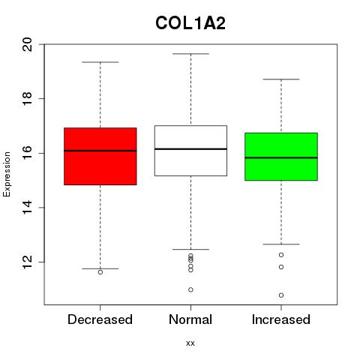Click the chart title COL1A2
click(190, 23)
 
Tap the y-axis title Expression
click(7, 174)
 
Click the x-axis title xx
click(190, 343)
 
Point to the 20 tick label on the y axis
click(27, 44)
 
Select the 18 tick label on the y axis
click(27, 99)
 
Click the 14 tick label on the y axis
click(27, 208)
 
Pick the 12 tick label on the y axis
click(27, 262)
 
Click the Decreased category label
click(100, 319)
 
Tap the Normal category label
click(190, 319)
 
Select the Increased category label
click(281, 319)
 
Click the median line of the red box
click(100, 151)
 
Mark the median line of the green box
click(281, 157)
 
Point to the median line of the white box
click(190, 148)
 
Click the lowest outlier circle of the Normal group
click(190, 289)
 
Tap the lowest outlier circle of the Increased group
click(281, 295)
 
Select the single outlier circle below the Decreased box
click(100, 272)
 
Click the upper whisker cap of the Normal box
click(190, 54)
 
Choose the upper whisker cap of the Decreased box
click(100, 62)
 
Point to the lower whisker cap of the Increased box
click(281, 244)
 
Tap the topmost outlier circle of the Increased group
click(281, 255)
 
